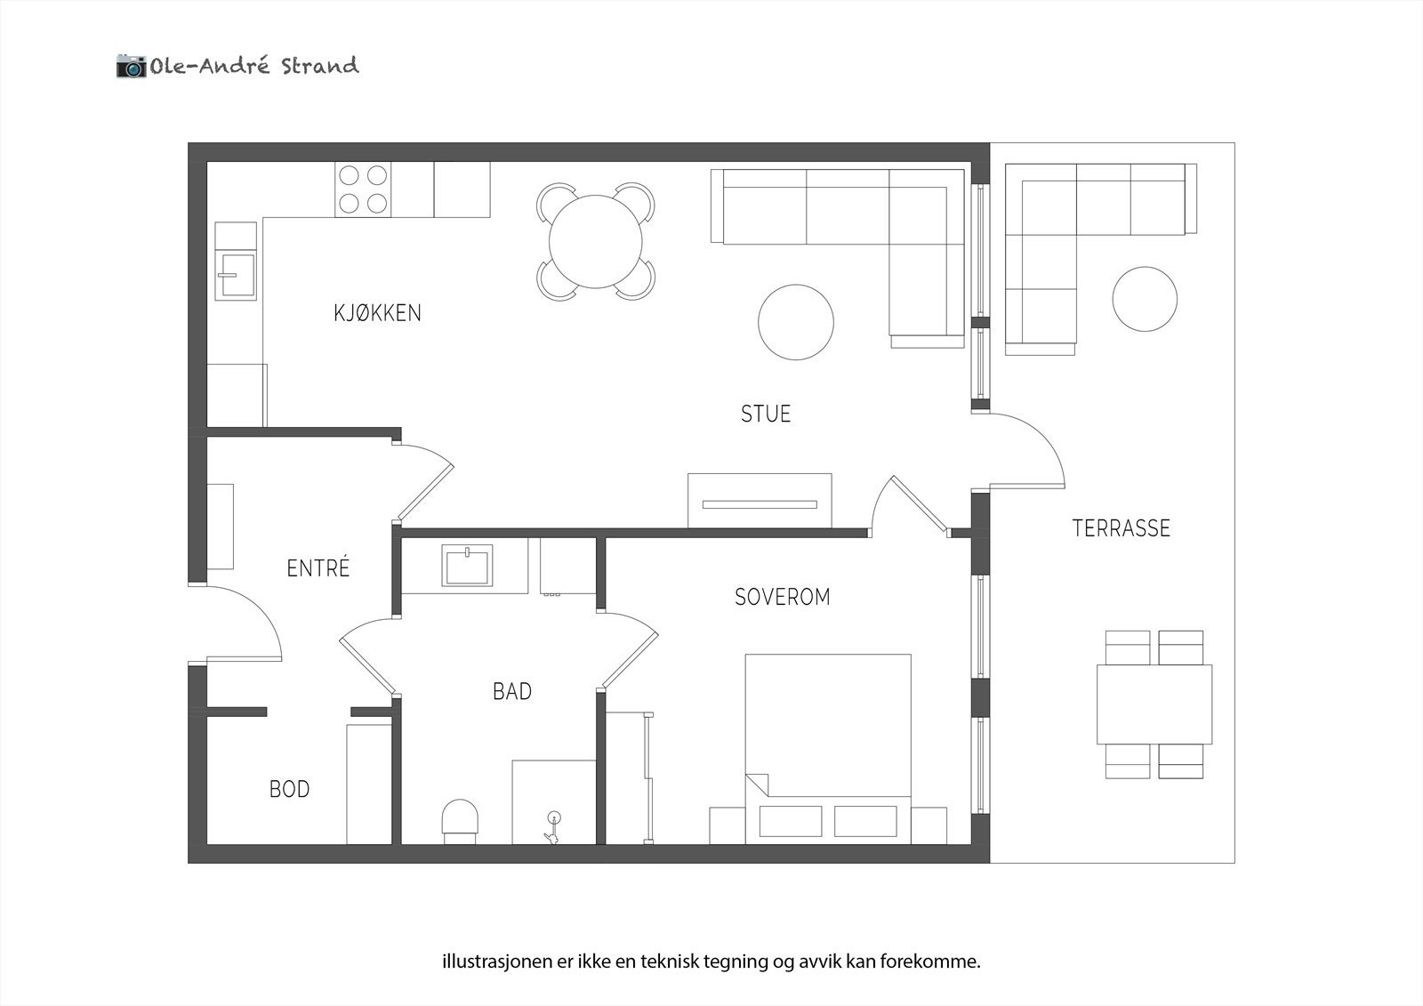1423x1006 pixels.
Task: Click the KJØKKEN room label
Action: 377,313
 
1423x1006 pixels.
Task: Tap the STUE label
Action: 766,414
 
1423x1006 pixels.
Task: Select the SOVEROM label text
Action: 782,597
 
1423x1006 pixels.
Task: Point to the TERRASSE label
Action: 1121,528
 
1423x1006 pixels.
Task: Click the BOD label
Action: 289,789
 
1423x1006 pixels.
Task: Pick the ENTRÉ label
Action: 318,568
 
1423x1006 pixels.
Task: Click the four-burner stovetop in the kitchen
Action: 363,189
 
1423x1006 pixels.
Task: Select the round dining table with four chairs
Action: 596,241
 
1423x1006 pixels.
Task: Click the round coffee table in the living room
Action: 796,322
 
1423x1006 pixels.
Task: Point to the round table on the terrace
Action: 1145,299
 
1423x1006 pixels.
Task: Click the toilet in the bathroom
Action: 461,820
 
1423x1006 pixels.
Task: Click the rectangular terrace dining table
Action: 1154,704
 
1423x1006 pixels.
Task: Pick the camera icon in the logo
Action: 131,66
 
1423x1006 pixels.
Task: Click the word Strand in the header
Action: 319,66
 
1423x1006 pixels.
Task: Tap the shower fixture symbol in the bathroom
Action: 552,827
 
